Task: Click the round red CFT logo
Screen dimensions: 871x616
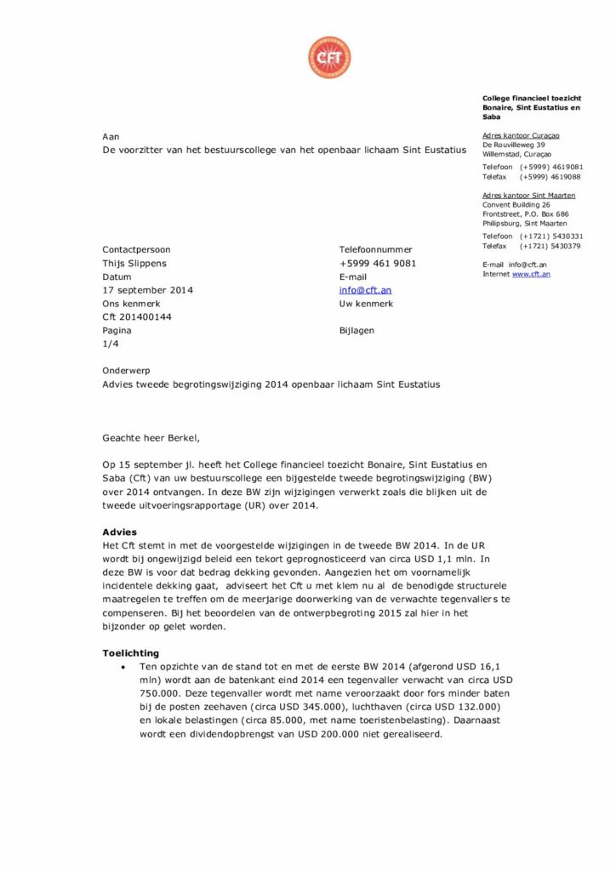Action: (329, 58)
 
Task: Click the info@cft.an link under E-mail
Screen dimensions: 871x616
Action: (365, 290)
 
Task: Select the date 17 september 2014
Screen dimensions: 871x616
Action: (148, 290)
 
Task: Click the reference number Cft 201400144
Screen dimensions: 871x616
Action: (137, 316)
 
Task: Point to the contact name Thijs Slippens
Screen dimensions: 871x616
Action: (134, 264)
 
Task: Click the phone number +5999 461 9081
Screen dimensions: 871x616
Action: (378, 264)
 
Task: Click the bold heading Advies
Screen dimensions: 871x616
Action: (119, 532)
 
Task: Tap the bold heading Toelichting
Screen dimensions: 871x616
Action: (130, 652)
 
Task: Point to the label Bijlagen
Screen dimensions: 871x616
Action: (356, 330)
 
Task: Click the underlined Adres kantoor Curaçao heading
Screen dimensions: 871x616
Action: (521, 135)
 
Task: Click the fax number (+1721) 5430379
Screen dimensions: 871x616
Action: (550, 246)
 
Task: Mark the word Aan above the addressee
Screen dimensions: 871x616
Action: (111, 136)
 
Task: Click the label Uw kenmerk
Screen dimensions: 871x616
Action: (366, 304)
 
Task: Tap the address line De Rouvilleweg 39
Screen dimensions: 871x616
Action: (513, 145)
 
